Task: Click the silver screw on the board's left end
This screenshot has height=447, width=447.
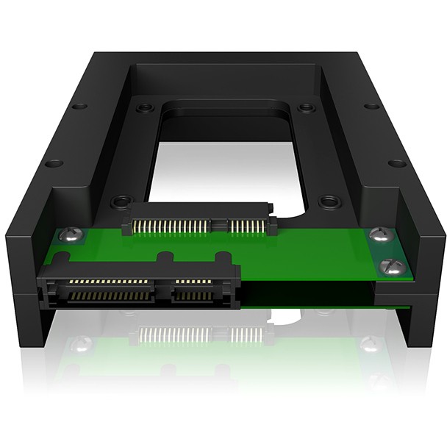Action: [x=70, y=236]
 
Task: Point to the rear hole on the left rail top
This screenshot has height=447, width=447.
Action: [x=79, y=106]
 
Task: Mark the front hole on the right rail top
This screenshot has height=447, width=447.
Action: [x=398, y=163]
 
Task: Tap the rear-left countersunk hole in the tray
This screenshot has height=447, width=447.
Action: [x=146, y=107]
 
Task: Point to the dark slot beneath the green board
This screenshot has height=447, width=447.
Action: [x=309, y=294]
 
